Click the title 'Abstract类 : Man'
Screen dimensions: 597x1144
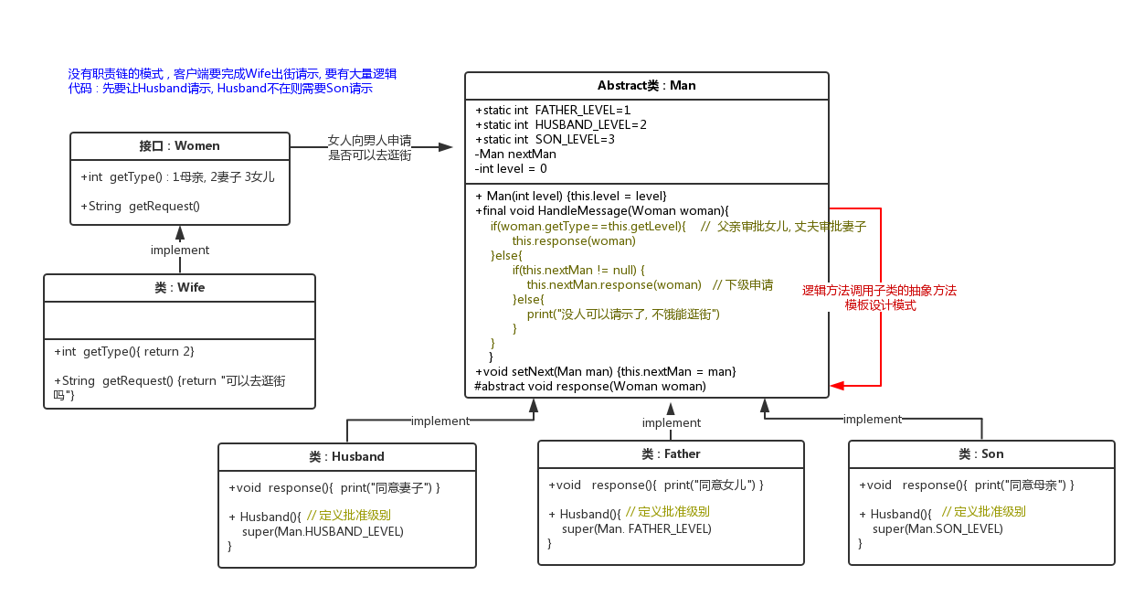tap(646, 86)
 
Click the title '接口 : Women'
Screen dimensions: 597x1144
tap(179, 146)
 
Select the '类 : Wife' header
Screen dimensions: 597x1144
tap(179, 288)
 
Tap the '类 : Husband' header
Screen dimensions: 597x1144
tap(346, 457)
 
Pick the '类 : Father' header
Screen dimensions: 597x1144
tap(671, 454)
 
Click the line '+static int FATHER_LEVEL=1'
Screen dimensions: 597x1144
tap(553, 110)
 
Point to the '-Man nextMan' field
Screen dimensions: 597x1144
tap(515, 154)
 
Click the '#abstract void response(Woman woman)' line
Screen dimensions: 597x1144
tap(590, 387)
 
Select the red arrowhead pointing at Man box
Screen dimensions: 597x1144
tap(837, 386)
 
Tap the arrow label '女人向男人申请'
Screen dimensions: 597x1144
tap(369, 141)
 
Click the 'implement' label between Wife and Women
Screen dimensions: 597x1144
tap(179, 250)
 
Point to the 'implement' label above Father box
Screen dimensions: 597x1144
tap(671, 422)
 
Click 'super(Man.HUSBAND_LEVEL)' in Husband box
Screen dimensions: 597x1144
tap(323, 531)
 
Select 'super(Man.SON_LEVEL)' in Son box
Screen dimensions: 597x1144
tap(937, 529)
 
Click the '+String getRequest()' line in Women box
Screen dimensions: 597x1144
tap(140, 207)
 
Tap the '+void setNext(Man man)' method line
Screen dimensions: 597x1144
tap(605, 372)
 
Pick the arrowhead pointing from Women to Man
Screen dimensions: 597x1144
tap(446, 146)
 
